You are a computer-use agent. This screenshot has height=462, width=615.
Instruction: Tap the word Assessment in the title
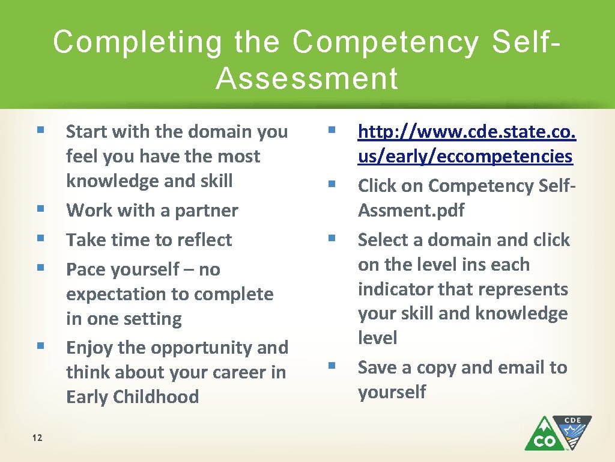click(307, 79)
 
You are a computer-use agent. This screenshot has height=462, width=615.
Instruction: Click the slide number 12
click(37, 437)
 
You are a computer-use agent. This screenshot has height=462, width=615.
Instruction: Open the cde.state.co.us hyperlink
click(466, 144)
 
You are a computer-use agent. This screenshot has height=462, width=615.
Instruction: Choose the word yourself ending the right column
click(392, 392)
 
